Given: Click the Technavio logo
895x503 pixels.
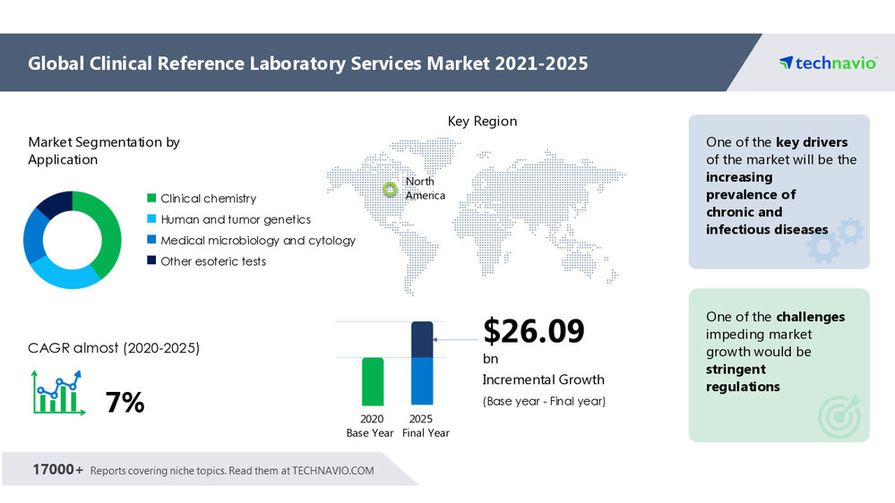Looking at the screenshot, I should coord(827,63).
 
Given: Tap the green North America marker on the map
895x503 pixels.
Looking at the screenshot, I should coord(390,189).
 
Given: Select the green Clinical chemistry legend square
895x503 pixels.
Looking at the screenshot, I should coord(151,199).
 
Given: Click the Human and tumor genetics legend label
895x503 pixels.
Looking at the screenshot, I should coord(236,219).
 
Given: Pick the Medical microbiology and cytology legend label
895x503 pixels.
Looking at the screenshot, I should coord(258,241).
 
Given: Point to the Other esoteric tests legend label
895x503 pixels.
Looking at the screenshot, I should coord(213,261).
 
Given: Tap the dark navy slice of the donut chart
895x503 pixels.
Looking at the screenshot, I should coord(54,201).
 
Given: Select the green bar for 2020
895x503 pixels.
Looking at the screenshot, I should coord(373,381).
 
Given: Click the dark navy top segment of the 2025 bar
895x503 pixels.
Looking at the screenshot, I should coord(422,339).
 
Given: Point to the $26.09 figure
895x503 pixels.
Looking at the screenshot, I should coord(534,331).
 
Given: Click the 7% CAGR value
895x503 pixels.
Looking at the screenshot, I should coord(125,403).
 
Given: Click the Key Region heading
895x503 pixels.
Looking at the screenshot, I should coord(482,122).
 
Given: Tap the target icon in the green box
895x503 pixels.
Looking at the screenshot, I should coord(838,415).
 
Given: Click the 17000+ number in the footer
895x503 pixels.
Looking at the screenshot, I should coord(58,470).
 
